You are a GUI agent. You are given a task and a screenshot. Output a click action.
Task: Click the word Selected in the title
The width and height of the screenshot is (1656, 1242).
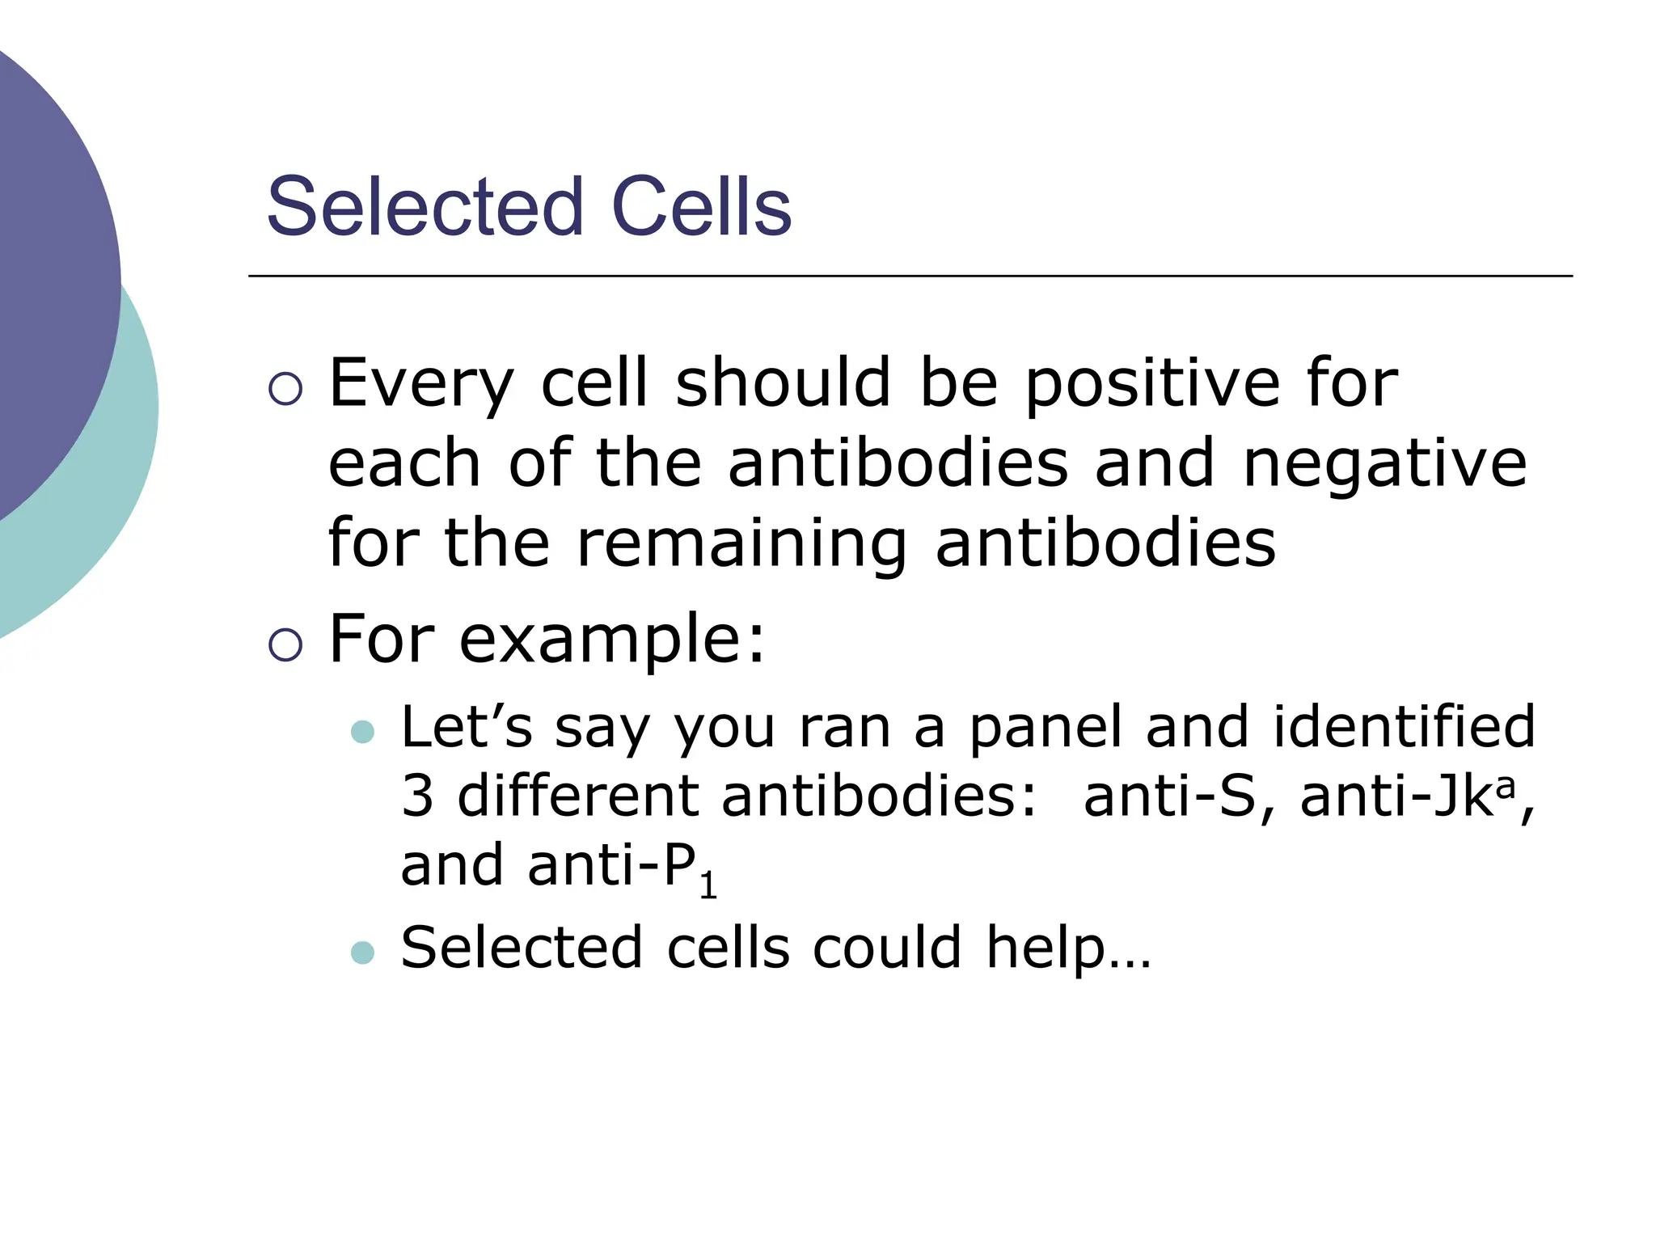point(425,208)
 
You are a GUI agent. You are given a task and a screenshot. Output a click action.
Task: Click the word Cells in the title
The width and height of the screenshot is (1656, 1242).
point(701,208)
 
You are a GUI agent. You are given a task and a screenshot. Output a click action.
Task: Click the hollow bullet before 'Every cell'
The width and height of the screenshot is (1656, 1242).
point(285,389)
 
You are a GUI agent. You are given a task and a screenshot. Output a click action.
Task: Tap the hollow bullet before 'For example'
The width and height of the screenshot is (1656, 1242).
point(285,645)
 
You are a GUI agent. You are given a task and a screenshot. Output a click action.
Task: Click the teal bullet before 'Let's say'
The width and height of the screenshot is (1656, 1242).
point(363,732)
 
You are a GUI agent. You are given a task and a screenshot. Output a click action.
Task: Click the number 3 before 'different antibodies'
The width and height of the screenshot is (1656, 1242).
point(417,796)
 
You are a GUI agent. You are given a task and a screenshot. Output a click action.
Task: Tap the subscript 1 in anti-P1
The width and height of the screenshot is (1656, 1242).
point(708,886)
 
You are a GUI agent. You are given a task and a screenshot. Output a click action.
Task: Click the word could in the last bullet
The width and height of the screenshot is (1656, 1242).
point(887,948)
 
